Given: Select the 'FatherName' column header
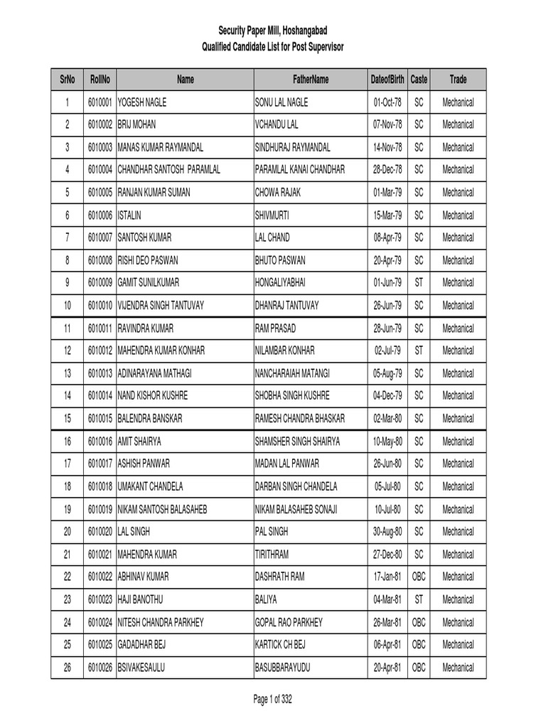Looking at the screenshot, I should tap(311, 80).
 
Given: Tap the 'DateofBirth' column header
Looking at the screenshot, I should tap(387, 80).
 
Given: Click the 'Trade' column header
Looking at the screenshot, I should tap(458, 80).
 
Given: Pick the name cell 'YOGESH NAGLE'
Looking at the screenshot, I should tap(142, 102).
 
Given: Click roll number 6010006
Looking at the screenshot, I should tap(100, 215).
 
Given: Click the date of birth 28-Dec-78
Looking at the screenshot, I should tap(387, 170).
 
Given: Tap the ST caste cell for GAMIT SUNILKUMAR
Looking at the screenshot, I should tap(419, 283).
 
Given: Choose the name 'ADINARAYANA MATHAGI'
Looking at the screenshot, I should tap(154, 373).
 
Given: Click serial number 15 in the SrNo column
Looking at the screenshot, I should tap(67, 419).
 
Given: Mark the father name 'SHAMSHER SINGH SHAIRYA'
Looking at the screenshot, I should tap(297, 441).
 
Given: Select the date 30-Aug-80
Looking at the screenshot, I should tap(387, 532).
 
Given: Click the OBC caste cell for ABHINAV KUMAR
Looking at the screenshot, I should tap(419, 577).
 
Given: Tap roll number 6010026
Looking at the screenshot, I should tap(100, 668).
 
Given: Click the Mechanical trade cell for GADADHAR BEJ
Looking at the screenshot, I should tap(458, 645).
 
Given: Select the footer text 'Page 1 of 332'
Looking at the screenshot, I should tap(273, 700).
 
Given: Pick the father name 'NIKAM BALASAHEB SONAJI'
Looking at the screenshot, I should tap(296, 509).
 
